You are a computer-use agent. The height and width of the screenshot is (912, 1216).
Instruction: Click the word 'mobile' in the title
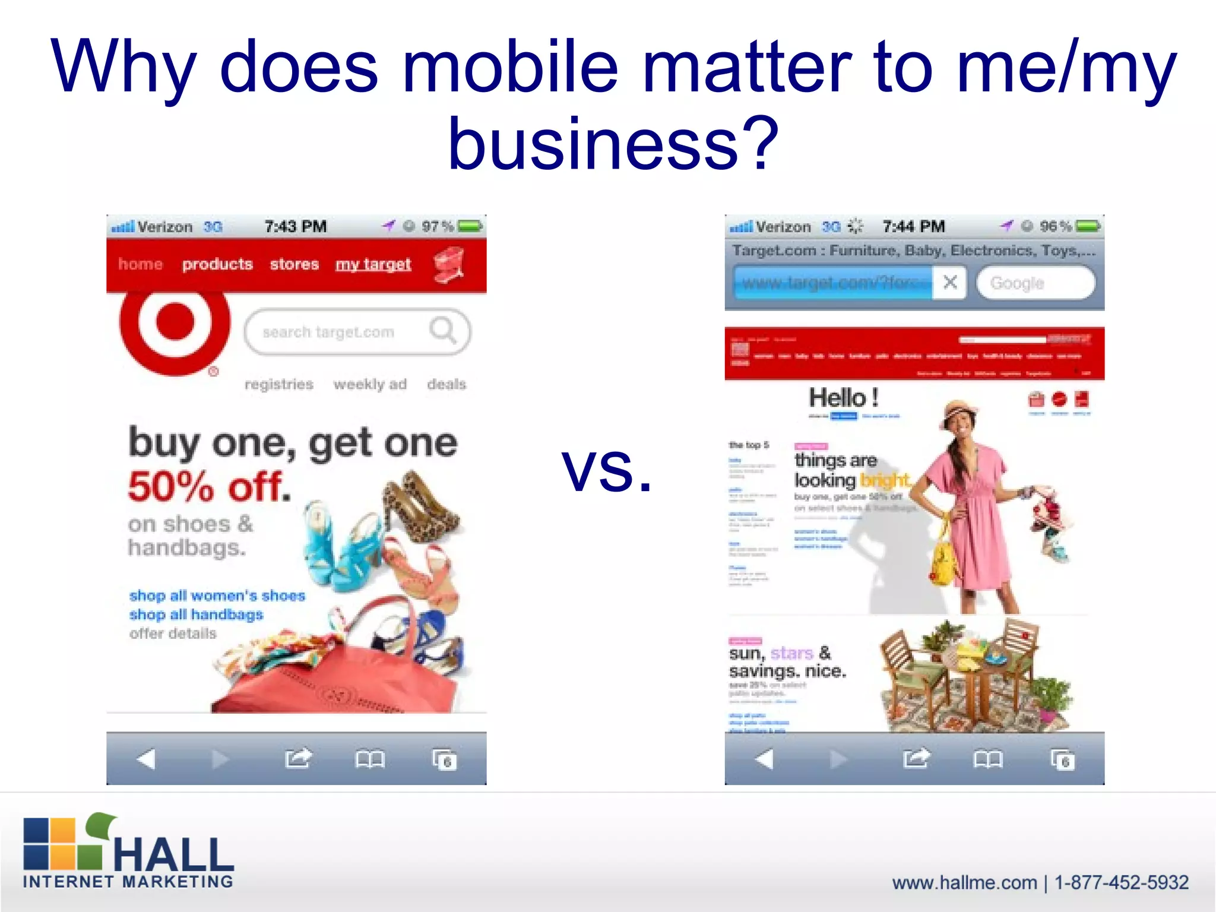tap(510, 66)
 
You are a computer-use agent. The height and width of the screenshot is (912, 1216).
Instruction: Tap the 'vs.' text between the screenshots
tap(607, 469)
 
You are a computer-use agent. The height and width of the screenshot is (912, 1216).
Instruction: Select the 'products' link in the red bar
tap(217, 264)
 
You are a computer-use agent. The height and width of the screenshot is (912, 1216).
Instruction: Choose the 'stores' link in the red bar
tap(294, 264)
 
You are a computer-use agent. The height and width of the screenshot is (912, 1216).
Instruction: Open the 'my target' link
tap(373, 265)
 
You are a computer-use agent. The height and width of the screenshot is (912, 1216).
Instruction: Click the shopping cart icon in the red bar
tap(449, 265)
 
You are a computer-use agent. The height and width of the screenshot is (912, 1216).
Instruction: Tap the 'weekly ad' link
tap(370, 384)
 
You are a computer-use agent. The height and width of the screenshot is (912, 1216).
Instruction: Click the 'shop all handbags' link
tap(196, 615)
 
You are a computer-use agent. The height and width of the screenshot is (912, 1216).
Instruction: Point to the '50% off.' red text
tap(210, 487)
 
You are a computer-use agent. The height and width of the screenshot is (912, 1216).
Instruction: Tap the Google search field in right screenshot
tap(1035, 283)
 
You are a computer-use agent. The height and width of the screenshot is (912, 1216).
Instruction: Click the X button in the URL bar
tap(950, 282)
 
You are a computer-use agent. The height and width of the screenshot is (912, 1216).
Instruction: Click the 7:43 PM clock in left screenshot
tap(296, 226)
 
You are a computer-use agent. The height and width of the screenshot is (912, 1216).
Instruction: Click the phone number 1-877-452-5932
tap(1121, 882)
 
